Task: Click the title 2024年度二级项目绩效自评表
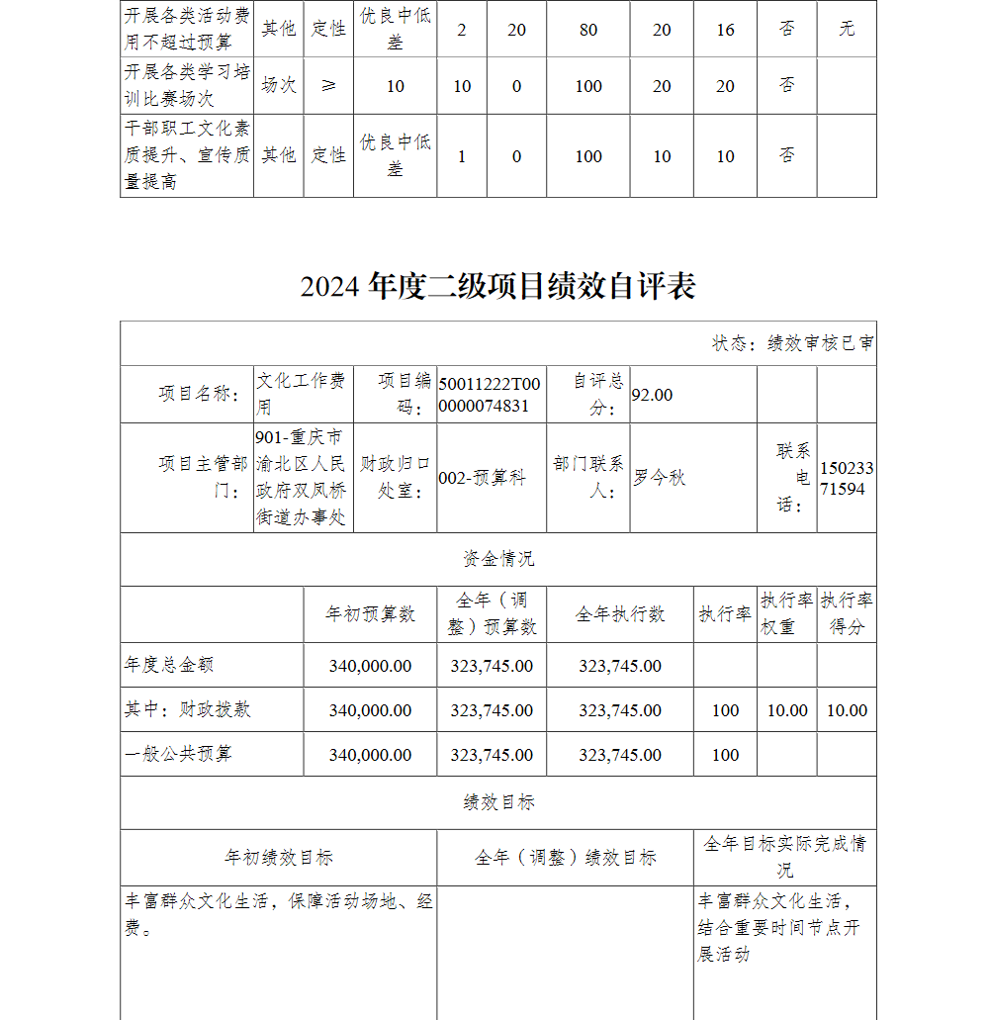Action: point(498,286)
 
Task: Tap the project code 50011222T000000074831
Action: point(490,395)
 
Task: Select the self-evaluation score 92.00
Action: point(652,395)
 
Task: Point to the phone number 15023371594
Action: point(847,478)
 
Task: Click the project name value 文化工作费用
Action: point(302,394)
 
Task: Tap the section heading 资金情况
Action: point(498,559)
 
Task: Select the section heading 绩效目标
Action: point(498,802)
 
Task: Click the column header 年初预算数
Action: point(370,614)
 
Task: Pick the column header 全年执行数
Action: point(620,614)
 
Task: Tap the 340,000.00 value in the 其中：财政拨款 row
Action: point(370,710)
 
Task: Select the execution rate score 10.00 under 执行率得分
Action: point(847,710)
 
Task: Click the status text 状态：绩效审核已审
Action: point(793,343)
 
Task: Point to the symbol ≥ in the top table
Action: point(328,86)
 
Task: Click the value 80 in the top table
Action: point(588,30)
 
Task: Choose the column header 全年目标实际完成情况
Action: point(784,856)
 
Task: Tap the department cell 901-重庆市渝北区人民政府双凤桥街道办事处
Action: point(302,478)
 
